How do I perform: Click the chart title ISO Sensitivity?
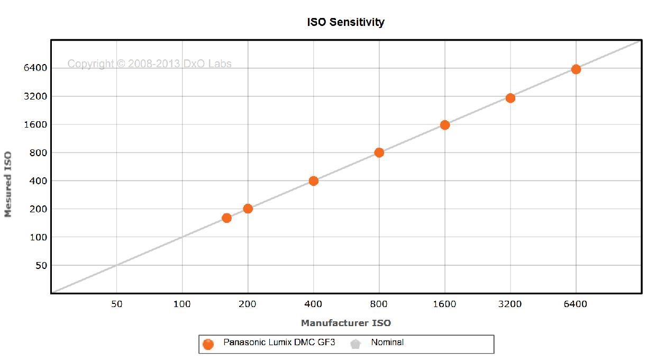click(345, 22)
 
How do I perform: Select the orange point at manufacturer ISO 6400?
click(576, 69)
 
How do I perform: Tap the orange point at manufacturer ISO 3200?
click(510, 98)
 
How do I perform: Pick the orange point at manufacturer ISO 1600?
click(445, 125)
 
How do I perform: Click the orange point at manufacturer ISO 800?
click(379, 152)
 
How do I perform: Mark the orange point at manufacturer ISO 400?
click(313, 181)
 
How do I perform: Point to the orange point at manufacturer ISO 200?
click(248, 209)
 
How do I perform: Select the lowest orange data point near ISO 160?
click(226, 218)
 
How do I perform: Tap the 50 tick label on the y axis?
click(41, 265)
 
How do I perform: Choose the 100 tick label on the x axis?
click(182, 304)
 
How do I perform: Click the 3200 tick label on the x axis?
click(510, 304)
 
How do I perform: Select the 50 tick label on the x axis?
click(116, 304)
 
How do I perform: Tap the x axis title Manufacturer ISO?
click(345, 323)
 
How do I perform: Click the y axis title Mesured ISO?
click(8, 184)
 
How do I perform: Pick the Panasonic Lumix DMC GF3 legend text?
click(279, 343)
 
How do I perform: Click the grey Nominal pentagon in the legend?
click(355, 344)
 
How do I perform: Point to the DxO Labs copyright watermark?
click(149, 64)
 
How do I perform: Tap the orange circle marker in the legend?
click(208, 344)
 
